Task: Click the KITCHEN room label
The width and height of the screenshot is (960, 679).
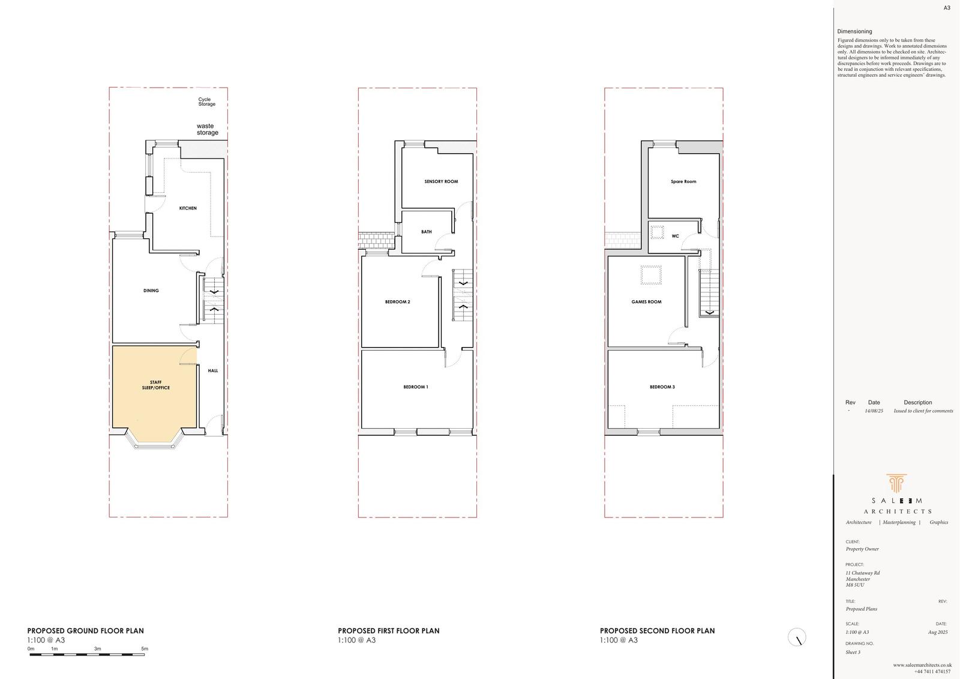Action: (188, 208)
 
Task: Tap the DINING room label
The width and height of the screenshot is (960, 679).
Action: (151, 291)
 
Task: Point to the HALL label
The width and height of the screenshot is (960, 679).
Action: (213, 371)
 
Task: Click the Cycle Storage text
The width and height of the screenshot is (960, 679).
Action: (206, 102)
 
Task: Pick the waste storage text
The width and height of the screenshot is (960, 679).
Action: (207, 130)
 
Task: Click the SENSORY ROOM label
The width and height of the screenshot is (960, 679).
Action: (441, 181)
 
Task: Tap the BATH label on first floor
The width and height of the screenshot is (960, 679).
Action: (427, 232)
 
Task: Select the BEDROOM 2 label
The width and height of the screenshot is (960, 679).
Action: (397, 302)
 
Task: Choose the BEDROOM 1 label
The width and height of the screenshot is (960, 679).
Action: (416, 387)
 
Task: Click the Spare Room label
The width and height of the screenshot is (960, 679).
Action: (683, 181)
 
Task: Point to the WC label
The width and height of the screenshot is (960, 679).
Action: (675, 237)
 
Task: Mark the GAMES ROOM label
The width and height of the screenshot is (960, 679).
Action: (646, 302)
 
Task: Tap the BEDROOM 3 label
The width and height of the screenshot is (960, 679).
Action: (662, 387)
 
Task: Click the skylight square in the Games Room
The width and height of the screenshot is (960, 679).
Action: (651, 275)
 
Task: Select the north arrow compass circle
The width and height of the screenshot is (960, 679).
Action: (797, 637)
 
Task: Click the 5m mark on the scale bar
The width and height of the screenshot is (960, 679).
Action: (145, 649)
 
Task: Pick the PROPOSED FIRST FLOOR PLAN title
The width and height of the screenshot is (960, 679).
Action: (388, 631)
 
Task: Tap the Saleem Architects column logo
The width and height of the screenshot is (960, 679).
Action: (896, 484)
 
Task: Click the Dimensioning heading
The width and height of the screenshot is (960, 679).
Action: (854, 31)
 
